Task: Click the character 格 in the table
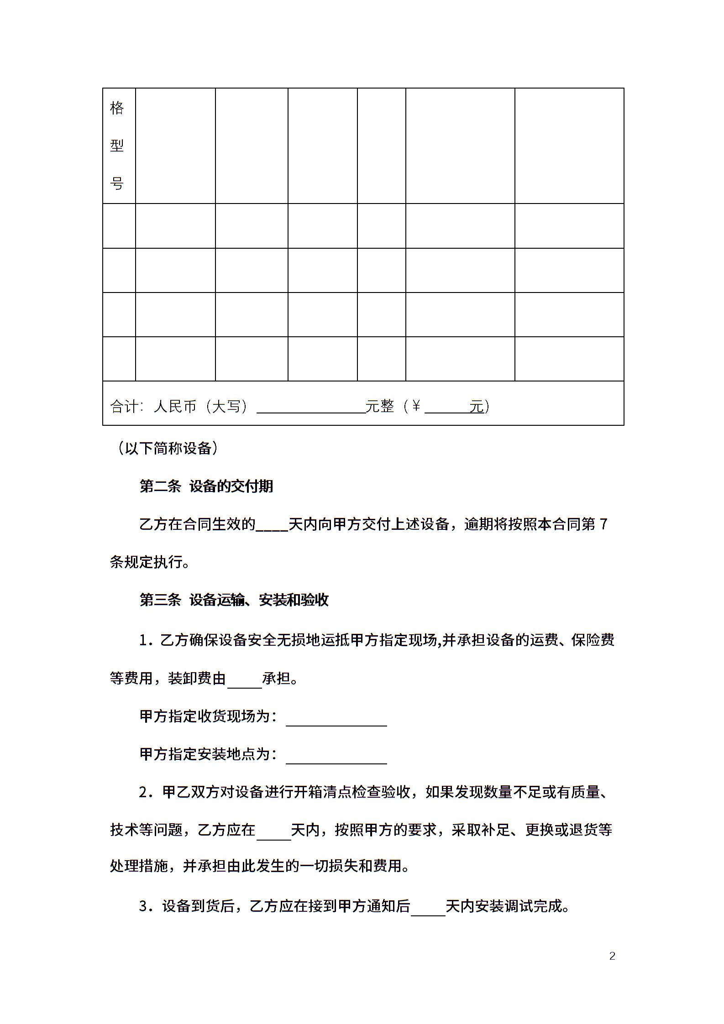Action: pyautogui.click(x=117, y=108)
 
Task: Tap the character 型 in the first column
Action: pyautogui.click(x=117, y=146)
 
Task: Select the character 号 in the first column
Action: pyautogui.click(x=117, y=184)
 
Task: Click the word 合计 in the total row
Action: pyautogui.click(x=124, y=406)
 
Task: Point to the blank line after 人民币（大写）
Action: pyautogui.click(x=311, y=407)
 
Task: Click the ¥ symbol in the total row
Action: pyautogui.click(x=416, y=406)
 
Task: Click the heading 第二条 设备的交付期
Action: pyautogui.click(x=206, y=486)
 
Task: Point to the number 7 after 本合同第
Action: pyautogui.click(x=603, y=525)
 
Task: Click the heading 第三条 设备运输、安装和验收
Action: pyautogui.click(x=234, y=600)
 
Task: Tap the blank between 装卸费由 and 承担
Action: pyautogui.click(x=245, y=679)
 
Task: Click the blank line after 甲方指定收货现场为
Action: pyautogui.click(x=336, y=717)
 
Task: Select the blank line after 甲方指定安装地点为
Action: pyautogui.click(x=336, y=755)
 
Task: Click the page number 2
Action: pyautogui.click(x=612, y=956)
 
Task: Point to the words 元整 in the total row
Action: pyautogui.click(x=380, y=406)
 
